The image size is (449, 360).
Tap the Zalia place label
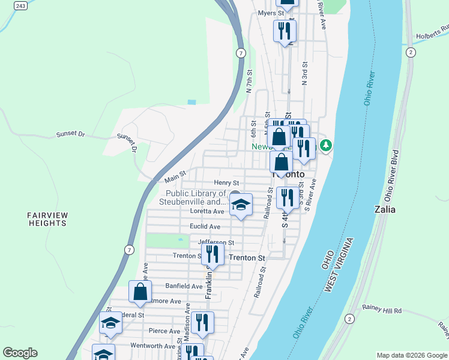384,209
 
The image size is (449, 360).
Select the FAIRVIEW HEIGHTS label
47,219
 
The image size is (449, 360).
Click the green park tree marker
325,145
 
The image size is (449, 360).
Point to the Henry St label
226,183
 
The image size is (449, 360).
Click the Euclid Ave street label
205,227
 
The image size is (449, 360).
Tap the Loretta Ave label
207,211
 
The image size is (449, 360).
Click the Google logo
20,353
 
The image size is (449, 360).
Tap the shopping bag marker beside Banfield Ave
140,292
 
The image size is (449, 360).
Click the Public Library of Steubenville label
196,197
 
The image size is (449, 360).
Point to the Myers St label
270,13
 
